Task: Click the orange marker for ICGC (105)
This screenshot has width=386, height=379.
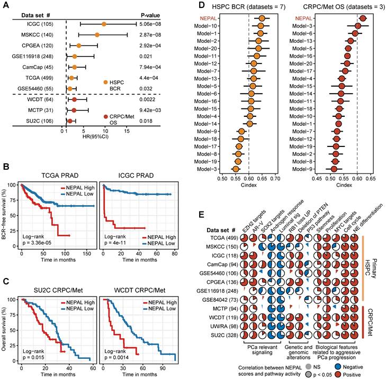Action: [x=104, y=24]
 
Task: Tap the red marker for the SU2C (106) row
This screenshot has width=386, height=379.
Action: [x=70, y=121]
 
